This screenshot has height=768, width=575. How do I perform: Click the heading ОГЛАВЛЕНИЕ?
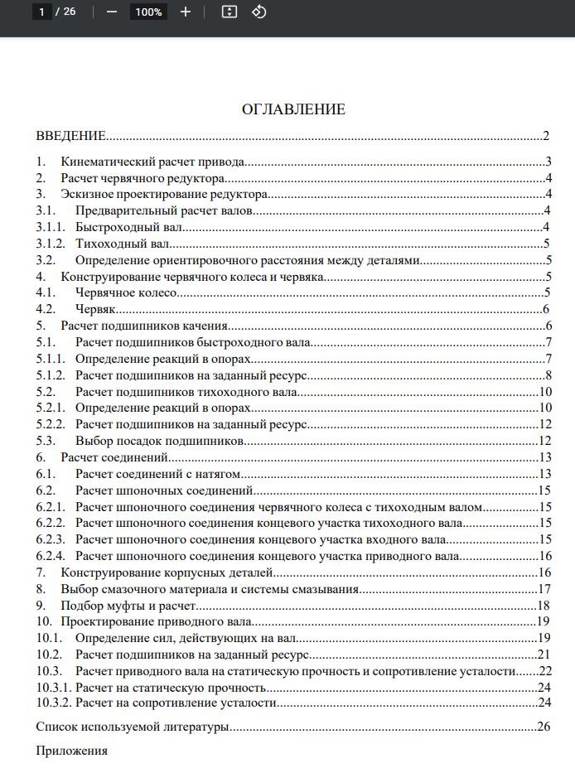point(293,109)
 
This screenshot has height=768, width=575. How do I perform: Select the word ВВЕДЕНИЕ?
point(70,136)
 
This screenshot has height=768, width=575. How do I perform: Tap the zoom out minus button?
point(112,12)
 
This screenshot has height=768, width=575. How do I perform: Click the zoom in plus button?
point(186,12)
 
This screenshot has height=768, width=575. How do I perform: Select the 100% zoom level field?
point(148,12)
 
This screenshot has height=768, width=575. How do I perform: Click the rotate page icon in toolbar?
point(259,12)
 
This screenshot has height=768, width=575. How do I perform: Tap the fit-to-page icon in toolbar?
point(230,12)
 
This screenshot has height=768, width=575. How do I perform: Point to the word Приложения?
point(72,751)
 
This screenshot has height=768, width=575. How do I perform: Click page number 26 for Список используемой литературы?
point(544,727)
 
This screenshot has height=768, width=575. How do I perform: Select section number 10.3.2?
point(54,703)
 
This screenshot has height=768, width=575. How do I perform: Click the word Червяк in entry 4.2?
point(94,310)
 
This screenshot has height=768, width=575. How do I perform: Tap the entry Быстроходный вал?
point(128,227)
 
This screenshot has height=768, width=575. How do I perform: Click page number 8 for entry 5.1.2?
point(548,375)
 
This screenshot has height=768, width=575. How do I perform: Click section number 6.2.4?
point(51,556)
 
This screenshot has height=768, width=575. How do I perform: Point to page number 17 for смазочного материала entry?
point(544,589)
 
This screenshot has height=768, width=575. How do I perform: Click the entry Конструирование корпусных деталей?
point(167,572)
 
